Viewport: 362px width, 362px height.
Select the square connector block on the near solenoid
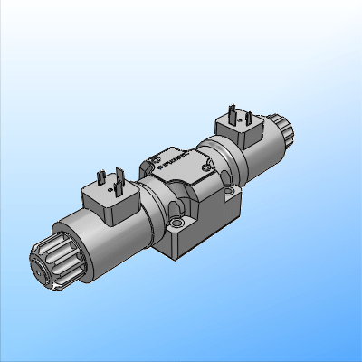(111, 201)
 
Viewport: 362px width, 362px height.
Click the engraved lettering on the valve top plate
(172, 163)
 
